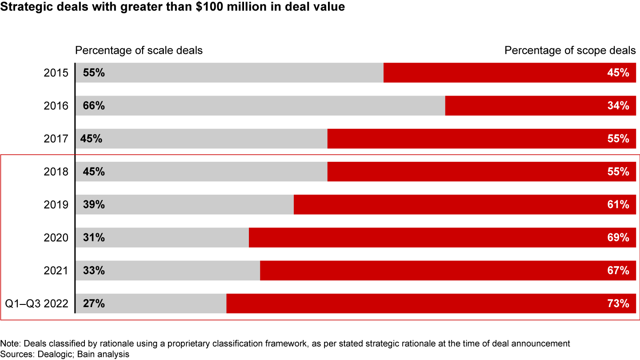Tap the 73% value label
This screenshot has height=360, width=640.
click(618, 304)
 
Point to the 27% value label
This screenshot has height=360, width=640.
click(94, 304)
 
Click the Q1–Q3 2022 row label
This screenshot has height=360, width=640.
click(37, 304)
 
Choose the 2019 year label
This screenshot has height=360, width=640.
click(56, 205)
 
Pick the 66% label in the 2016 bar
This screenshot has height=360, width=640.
click(94, 106)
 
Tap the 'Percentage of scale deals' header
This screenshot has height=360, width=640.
click(139, 50)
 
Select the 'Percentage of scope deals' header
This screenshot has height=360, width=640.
click(570, 50)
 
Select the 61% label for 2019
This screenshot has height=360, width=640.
click(618, 205)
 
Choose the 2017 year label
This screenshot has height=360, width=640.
click(56, 139)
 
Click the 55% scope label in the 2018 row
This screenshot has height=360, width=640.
click(618, 172)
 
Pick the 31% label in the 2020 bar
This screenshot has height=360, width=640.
click(94, 238)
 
